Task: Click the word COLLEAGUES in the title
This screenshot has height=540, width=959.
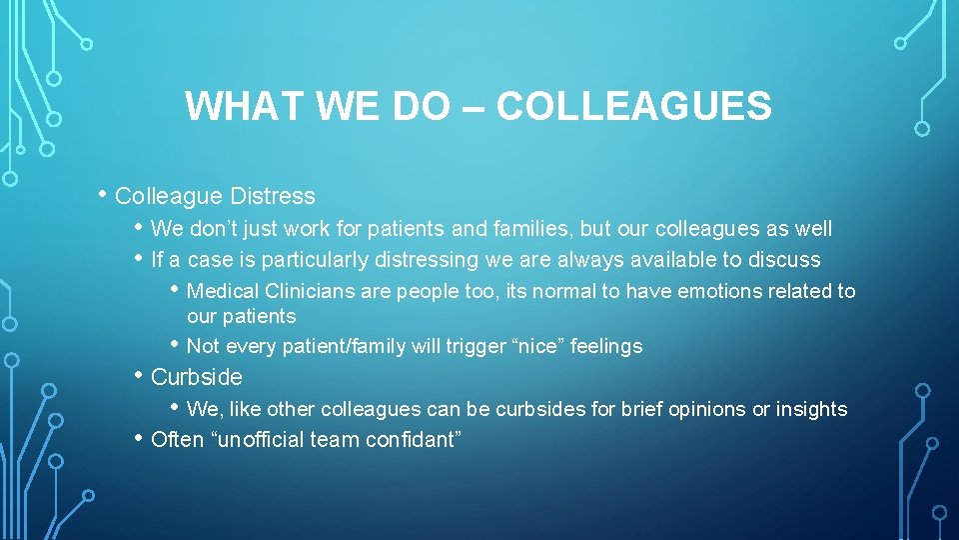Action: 633,106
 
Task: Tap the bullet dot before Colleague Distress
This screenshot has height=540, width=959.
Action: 104,194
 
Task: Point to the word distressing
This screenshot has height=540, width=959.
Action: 427,260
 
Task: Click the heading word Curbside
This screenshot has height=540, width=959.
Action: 197,377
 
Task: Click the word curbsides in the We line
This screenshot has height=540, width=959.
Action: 540,408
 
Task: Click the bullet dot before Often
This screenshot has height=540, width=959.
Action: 139,437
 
